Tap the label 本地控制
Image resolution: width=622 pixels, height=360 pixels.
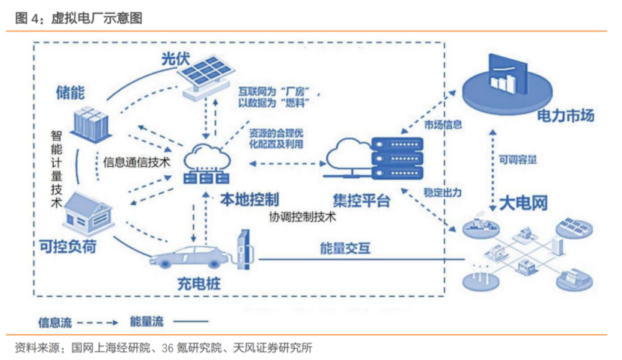pyautogui.click(x=251, y=200)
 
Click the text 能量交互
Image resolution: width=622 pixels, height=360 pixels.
pyautogui.click(x=344, y=248)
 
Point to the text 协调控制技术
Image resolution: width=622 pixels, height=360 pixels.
pyautogui.click(x=302, y=217)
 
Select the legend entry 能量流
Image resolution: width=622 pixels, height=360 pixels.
pyautogui.click(x=147, y=323)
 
